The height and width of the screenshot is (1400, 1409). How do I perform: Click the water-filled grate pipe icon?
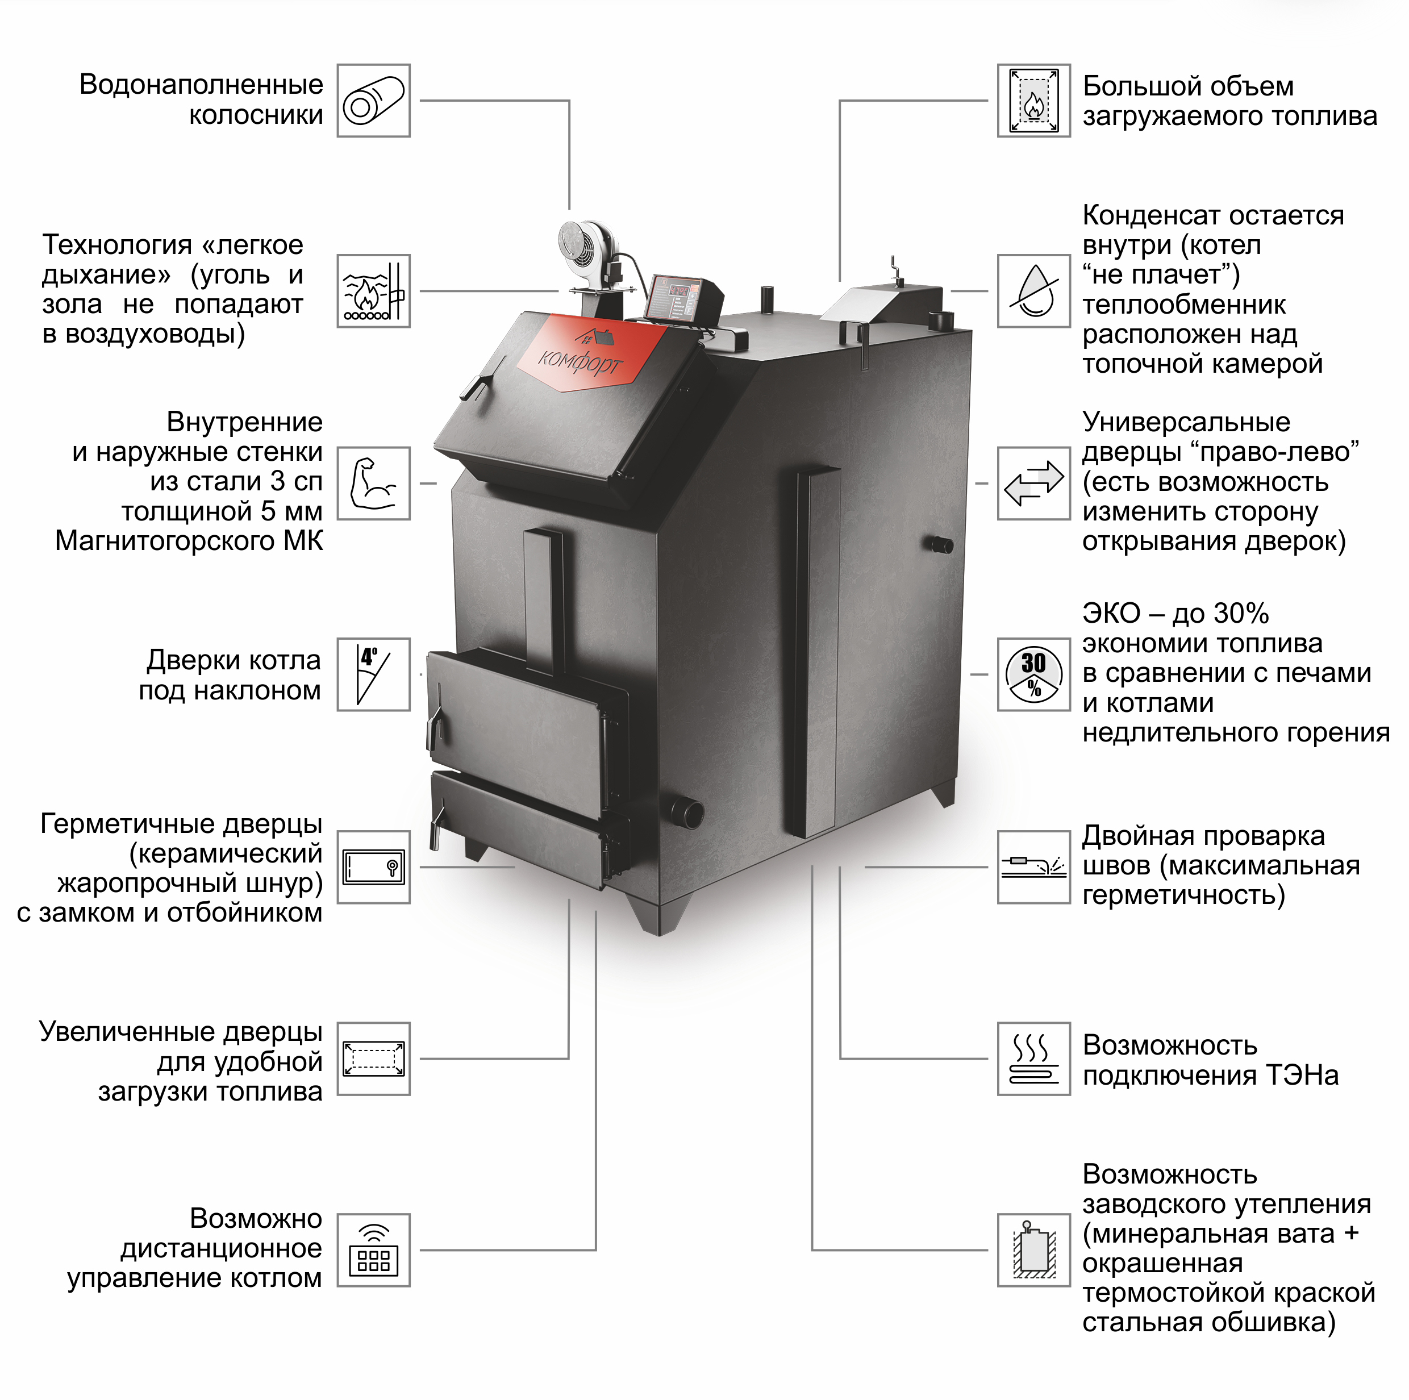[373, 101]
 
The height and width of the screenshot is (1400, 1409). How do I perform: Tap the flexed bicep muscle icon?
[373, 484]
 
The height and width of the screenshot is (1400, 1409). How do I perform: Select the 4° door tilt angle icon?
[373, 674]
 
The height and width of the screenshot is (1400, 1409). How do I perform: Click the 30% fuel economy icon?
[1033, 674]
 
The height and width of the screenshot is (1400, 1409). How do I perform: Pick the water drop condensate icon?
[1033, 291]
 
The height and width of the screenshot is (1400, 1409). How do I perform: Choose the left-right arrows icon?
[1033, 484]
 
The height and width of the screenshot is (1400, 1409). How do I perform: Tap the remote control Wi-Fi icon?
[373, 1251]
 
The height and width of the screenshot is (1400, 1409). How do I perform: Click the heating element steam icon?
[1033, 1059]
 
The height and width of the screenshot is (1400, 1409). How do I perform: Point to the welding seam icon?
[1033, 867]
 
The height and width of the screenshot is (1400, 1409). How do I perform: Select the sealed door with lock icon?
[373, 867]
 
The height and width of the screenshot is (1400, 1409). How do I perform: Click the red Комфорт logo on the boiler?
[583, 353]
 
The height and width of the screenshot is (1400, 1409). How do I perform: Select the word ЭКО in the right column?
[1111, 614]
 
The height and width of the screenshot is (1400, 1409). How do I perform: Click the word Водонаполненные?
[201, 85]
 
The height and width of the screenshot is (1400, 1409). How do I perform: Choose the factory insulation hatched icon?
[1033, 1251]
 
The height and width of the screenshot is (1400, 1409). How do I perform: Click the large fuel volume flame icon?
[1033, 101]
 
